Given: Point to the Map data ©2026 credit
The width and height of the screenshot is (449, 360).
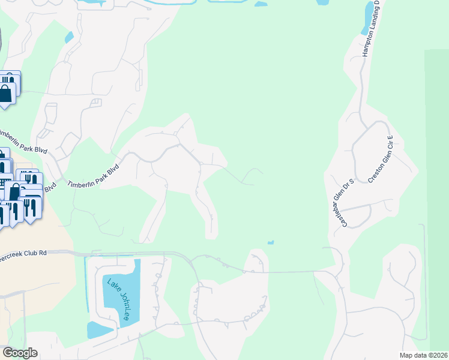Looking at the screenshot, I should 423,355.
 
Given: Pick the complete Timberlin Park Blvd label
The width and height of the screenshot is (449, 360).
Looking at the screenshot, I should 94,175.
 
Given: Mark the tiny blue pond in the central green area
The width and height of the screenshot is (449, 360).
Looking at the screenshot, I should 271,243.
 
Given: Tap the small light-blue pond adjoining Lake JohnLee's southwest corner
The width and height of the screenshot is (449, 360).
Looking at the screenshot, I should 100,329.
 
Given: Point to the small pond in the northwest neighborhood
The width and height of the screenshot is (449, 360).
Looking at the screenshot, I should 69,37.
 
